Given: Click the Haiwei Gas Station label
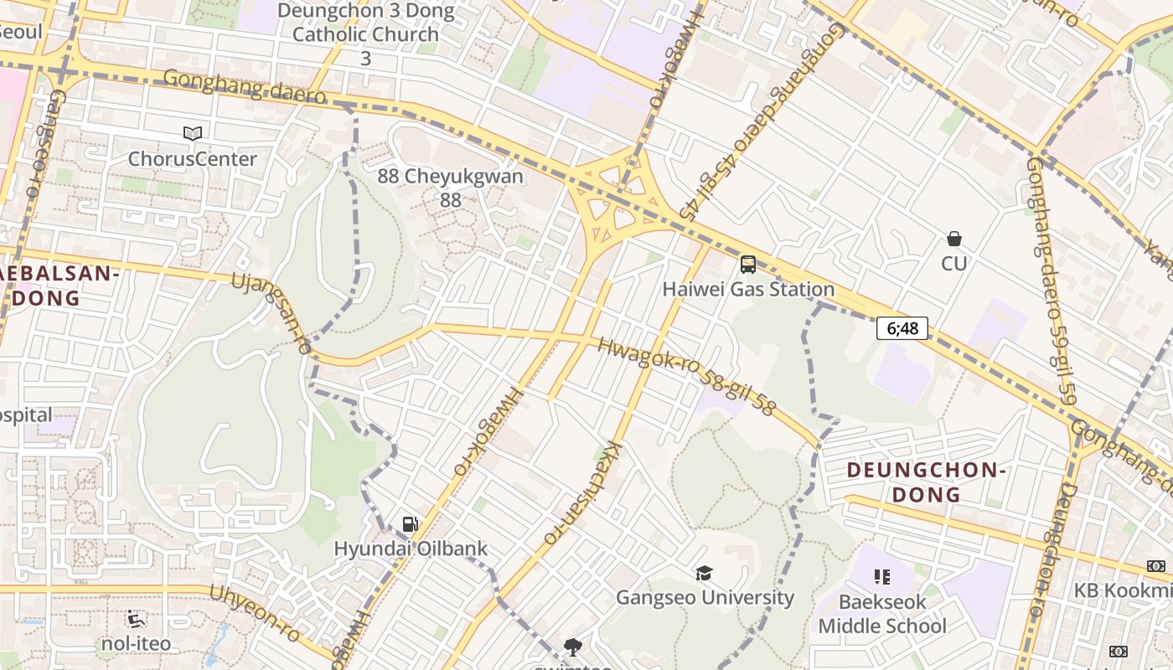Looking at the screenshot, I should click(x=748, y=290).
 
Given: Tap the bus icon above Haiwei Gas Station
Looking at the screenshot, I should click(x=748, y=265).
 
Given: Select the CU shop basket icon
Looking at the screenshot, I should click(x=953, y=239).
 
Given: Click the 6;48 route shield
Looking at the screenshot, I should click(x=902, y=328).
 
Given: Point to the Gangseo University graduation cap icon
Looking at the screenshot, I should click(x=704, y=573).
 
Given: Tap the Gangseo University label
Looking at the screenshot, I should click(x=705, y=598).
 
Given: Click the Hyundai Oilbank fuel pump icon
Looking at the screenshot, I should click(x=410, y=524).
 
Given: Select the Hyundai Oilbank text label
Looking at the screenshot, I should click(x=411, y=549).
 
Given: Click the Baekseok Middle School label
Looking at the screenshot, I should click(x=882, y=614).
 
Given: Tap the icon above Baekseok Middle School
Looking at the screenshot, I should click(x=881, y=576).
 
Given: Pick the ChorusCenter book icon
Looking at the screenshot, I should click(x=193, y=133).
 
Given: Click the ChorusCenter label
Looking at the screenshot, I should click(x=193, y=159).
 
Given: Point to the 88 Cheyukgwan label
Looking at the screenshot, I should click(x=451, y=188).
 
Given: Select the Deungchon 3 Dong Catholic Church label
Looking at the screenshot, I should click(x=365, y=34).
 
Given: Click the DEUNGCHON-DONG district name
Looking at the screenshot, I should click(x=925, y=482).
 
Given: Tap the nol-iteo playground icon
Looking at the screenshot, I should click(x=136, y=620).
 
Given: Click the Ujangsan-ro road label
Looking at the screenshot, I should click(x=271, y=313).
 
